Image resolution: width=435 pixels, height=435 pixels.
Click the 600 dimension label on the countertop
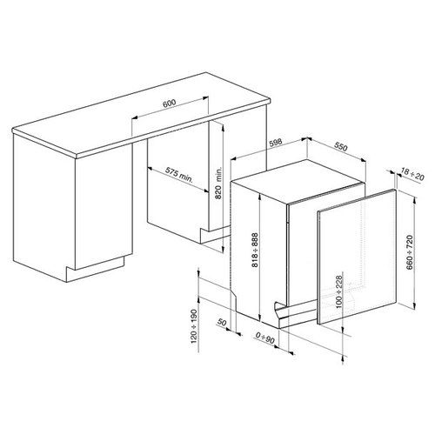(x=169, y=104)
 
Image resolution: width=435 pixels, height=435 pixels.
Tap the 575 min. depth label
(x=179, y=174)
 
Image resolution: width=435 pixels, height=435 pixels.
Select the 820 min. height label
(x=218, y=184)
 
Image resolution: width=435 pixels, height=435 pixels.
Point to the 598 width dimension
(x=275, y=143)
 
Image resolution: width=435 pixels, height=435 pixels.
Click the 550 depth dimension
(x=340, y=147)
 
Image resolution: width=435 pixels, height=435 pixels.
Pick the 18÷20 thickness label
(x=412, y=174)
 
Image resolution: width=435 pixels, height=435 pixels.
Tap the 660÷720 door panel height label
(x=410, y=252)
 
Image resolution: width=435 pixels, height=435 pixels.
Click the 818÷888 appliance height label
(x=255, y=250)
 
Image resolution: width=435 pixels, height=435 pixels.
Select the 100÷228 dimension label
(x=338, y=292)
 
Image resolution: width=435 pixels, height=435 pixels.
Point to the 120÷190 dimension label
(x=194, y=326)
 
